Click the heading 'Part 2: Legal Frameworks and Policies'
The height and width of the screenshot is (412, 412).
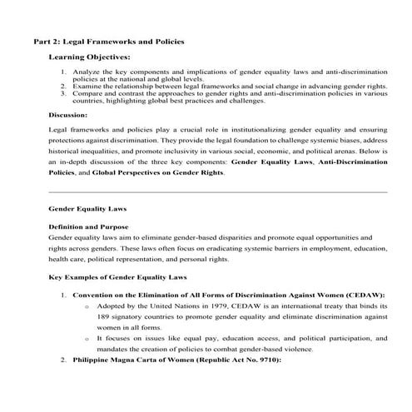108,40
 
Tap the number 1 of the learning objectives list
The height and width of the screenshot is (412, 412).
64,73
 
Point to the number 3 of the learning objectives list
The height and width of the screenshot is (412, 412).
64,93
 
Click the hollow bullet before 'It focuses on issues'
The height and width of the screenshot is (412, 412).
87,339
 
